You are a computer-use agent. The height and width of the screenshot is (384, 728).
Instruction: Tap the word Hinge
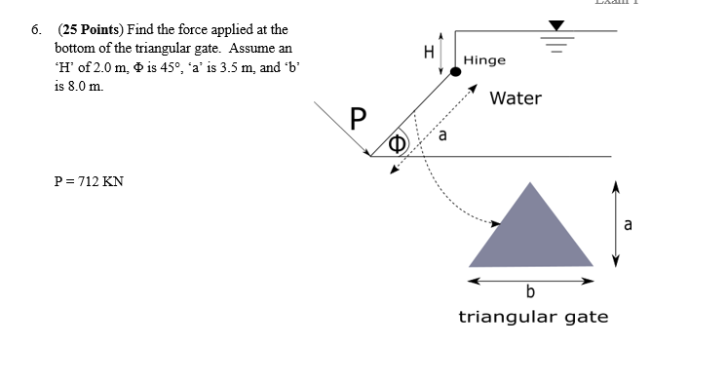click(484, 60)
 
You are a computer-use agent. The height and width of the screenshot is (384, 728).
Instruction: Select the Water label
click(516, 98)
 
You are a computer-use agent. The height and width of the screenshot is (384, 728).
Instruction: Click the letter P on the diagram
click(359, 122)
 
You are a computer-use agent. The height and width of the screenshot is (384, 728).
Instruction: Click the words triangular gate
click(533, 317)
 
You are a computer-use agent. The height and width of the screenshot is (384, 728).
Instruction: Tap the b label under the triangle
click(530, 291)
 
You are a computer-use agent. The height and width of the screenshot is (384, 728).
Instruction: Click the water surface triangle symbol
click(556, 25)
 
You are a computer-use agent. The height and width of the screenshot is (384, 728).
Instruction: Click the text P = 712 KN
click(91, 181)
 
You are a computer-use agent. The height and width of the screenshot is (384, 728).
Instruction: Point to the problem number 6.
click(36, 30)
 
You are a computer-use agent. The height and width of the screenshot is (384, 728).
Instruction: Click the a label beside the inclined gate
click(442, 135)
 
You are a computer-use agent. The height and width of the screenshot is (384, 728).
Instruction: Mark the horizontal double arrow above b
click(531, 280)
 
